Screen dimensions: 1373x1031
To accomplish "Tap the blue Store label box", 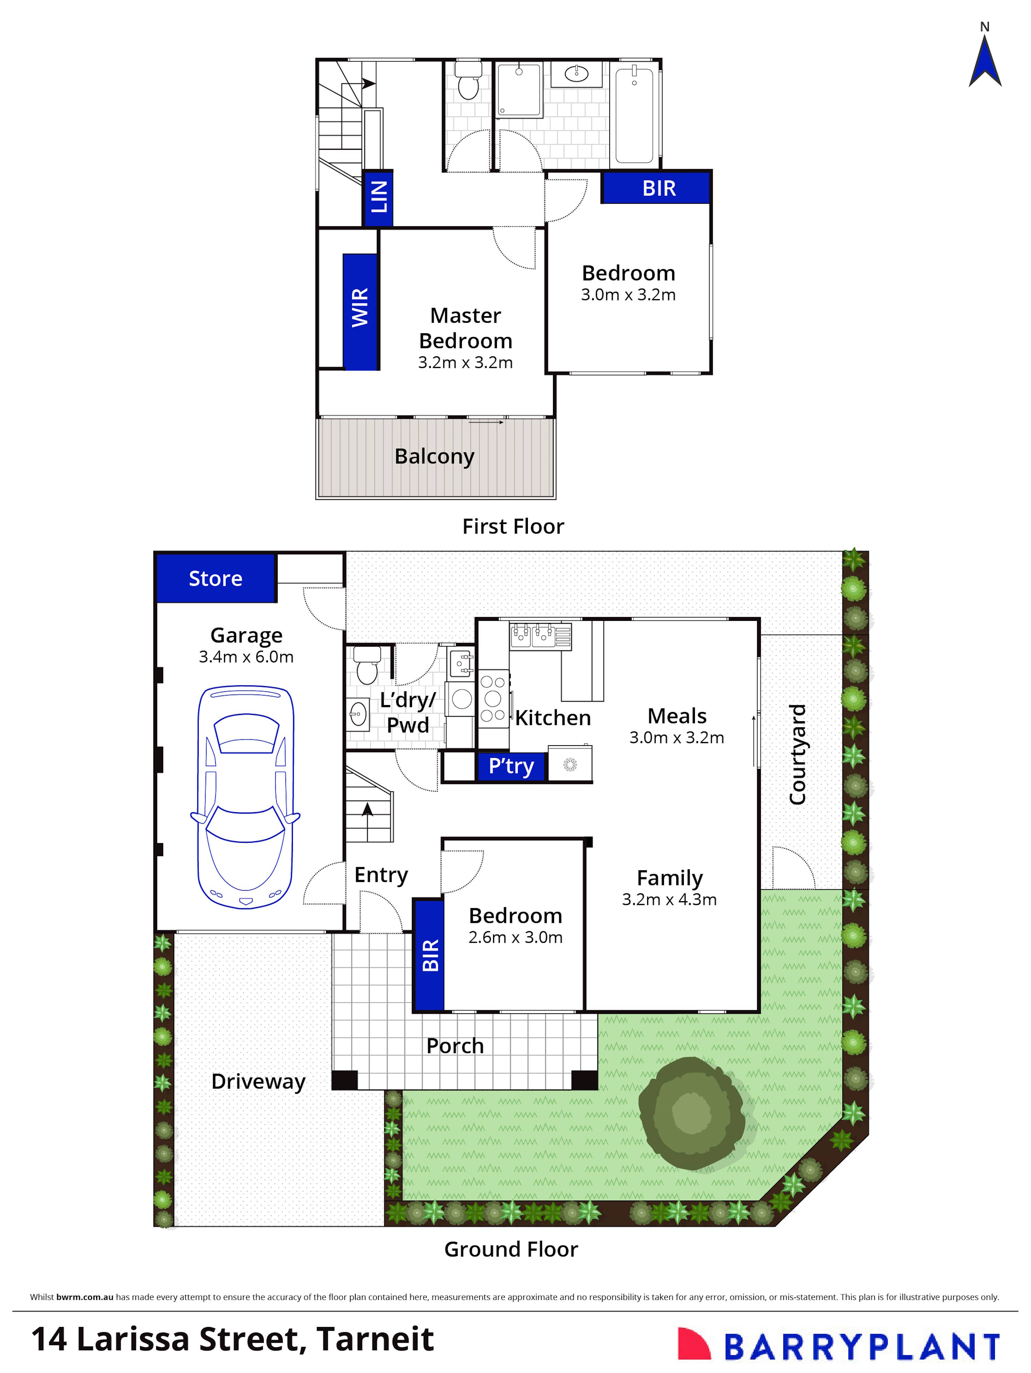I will coord(215,578).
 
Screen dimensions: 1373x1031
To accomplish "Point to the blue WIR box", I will coord(360,312).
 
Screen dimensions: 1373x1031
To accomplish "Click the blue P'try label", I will coord(511,766).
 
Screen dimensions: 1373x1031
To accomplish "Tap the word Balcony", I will coord(434,456).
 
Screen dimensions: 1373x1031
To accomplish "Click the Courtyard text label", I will coord(797,754).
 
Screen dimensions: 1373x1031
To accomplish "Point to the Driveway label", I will coord(258,1081).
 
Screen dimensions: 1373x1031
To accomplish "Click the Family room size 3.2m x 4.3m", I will coord(669,900).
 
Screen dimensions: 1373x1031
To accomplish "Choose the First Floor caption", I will coord(513,526).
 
